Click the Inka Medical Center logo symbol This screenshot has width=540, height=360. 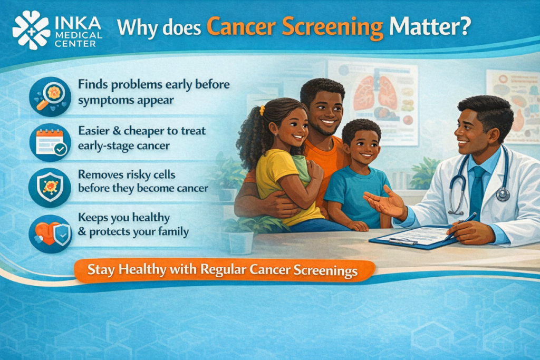click(x=31, y=30)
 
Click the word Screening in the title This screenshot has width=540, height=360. click(x=337, y=27)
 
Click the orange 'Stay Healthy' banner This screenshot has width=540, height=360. click(x=223, y=270)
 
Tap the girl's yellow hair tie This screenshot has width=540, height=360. click(x=262, y=110)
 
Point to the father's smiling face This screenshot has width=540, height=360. click(x=323, y=109)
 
